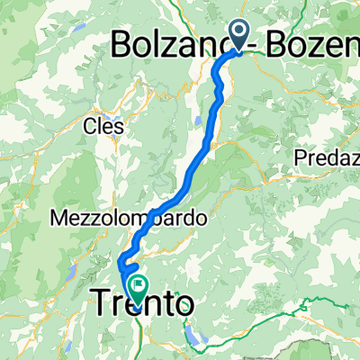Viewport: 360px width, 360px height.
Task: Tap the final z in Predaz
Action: coord(354,158)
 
